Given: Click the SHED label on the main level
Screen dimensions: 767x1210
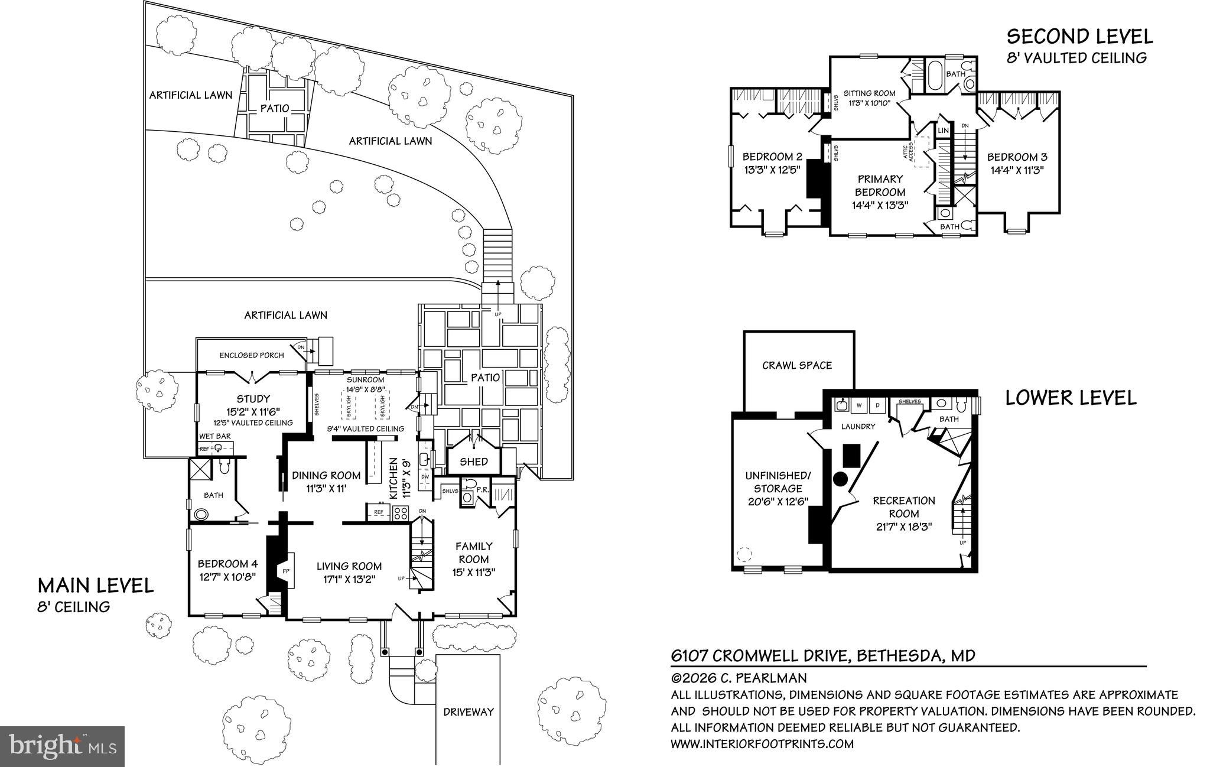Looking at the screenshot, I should pos(474,461).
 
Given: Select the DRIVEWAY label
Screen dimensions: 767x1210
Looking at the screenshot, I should pos(468,712).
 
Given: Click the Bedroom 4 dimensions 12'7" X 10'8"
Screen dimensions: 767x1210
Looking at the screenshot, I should pos(226,577).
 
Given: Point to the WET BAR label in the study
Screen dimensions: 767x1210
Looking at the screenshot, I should pos(214,436).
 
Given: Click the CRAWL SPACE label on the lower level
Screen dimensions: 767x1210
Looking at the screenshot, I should pos(796,365).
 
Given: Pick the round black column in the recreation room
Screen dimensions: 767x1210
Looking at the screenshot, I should pos(840,479).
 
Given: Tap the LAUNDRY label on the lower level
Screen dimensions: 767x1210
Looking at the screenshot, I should pos(858,426).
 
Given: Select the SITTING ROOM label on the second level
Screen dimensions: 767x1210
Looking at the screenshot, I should pos(869,93).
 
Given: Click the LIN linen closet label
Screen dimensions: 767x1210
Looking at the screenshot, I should pos(943,130).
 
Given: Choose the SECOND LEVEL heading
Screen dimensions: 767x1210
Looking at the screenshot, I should pos(1079,37).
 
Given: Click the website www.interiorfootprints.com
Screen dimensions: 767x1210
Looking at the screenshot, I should pos(762,744).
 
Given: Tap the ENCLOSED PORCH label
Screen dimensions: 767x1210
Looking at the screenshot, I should pos(252,355).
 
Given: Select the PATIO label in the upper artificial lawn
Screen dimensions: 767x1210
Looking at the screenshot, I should pos(275,108).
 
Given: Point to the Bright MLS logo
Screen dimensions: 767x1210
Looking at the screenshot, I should pos(62,746).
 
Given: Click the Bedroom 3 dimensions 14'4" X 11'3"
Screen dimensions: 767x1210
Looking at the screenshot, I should pos(1017,169).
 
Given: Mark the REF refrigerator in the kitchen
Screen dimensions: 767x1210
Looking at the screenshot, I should pos(379,512).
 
